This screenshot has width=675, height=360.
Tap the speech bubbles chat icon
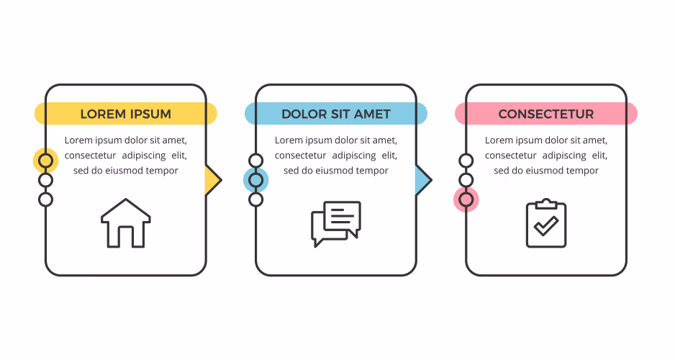(x=336, y=223)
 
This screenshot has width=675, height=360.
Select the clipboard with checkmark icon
(x=546, y=223)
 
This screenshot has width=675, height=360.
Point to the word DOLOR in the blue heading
(x=304, y=114)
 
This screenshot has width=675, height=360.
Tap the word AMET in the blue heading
(x=372, y=114)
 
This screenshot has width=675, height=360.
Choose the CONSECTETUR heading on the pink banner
(x=546, y=114)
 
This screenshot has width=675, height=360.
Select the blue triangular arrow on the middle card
(x=422, y=180)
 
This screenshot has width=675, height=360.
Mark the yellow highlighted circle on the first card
(x=45, y=161)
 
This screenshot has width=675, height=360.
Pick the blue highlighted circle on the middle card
(x=255, y=180)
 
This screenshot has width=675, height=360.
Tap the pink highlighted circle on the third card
(x=466, y=199)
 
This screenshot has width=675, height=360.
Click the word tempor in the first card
(x=163, y=171)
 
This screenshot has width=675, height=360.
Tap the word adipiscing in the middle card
(x=354, y=156)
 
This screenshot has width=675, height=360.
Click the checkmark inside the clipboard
(x=546, y=226)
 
